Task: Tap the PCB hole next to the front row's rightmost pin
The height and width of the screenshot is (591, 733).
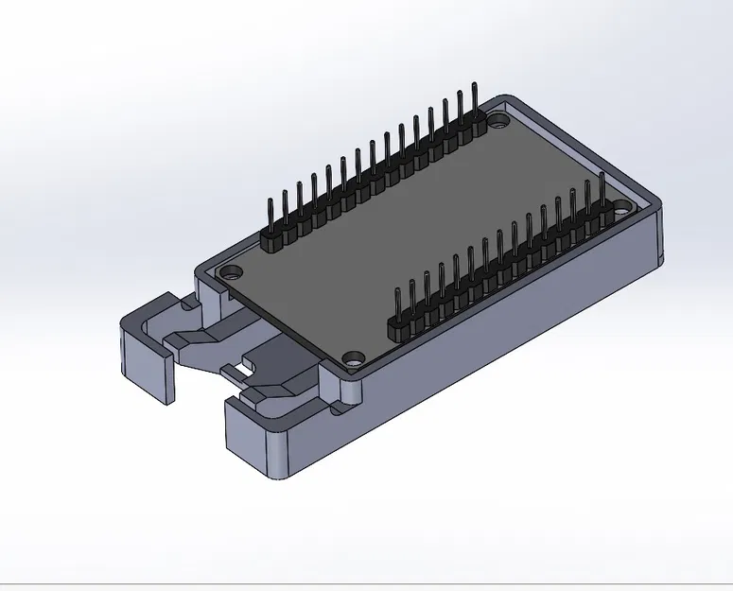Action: point(625,205)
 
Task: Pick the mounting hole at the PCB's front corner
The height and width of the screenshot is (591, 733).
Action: point(354,359)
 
